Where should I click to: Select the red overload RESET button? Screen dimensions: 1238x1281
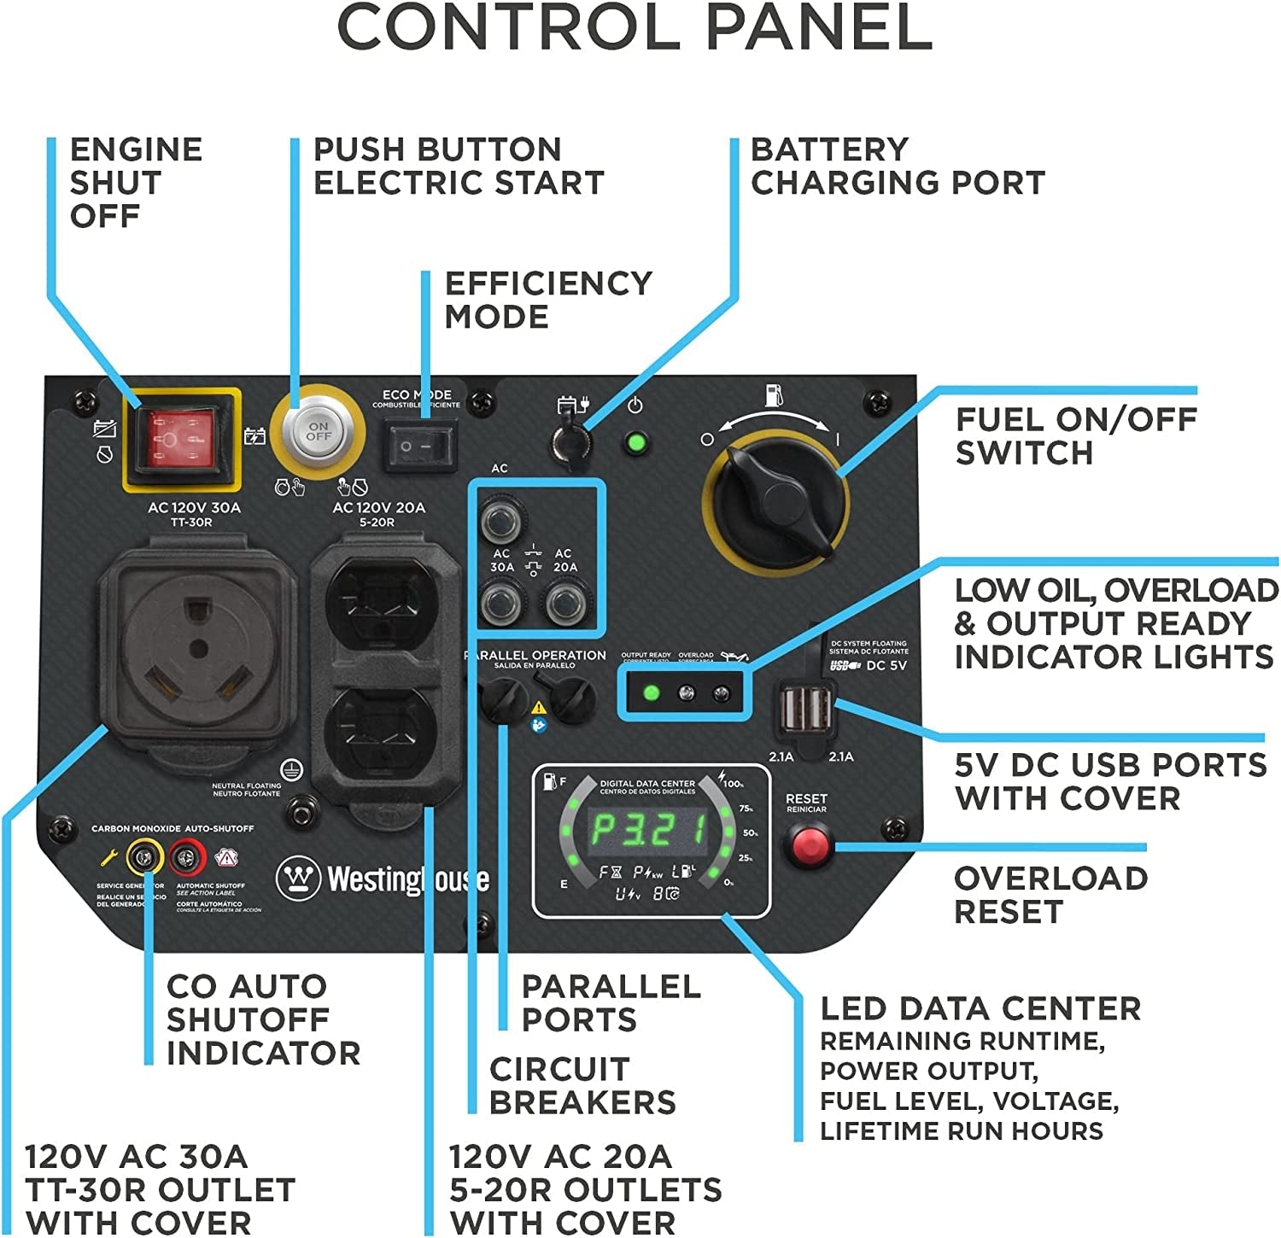[807, 845]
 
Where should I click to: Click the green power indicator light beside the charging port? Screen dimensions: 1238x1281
[635, 443]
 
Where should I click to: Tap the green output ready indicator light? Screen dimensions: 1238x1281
[651, 692]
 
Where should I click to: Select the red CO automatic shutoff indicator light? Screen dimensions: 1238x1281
[187, 857]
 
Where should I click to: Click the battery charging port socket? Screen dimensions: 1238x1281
[567, 438]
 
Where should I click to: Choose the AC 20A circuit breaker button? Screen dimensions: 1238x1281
[564, 604]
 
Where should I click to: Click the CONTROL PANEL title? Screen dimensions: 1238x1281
[635, 29]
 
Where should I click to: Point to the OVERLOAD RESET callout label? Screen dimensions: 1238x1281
[1050, 894]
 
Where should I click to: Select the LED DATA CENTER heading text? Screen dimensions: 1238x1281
[980, 1008]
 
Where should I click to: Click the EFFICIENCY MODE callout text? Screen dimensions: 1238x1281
[547, 300]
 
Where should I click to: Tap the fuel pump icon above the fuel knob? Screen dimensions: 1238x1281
[774, 395]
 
